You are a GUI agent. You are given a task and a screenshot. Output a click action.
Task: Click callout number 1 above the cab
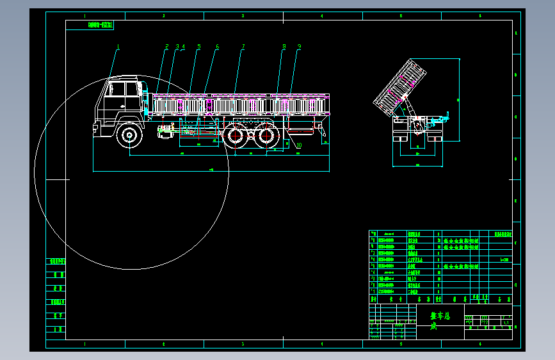click(x=118, y=46)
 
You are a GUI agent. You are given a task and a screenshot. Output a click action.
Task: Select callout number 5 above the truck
click(x=199, y=47)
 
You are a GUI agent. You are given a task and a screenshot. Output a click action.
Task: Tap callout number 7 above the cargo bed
click(x=243, y=47)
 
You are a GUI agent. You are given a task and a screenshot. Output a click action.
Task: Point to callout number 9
click(x=299, y=47)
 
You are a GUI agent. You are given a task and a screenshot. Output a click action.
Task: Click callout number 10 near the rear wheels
click(x=298, y=145)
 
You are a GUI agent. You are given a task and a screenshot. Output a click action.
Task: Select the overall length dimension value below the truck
click(x=211, y=170)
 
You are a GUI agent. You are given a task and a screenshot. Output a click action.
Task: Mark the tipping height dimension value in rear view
click(x=458, y=100)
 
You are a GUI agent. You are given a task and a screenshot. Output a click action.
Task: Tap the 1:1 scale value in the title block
click(x=505, y=323)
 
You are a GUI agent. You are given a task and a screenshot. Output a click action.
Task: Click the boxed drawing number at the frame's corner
click(x=101, y=26)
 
